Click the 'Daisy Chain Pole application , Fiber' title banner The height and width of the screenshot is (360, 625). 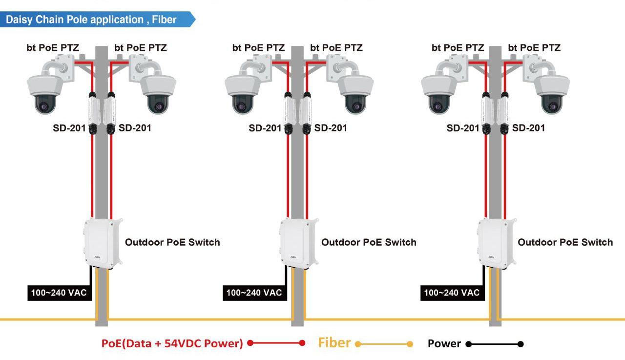pyautogui.click(x=93, y=20)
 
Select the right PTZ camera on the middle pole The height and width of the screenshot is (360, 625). pyautogui.click(x=355, y=90)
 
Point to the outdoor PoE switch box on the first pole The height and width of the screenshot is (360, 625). pyautogui.click(x=102, y=243)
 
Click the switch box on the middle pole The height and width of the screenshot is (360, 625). pyautogui.click(x=298, y=243)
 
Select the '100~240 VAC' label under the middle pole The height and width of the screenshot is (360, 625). pyautogui.click(x=254, y=293)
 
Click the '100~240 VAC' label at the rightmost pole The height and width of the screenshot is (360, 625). pyautogui.click(x=452, y=293)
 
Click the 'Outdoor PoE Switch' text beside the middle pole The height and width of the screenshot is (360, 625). pyautogui.click(x=369, y=242)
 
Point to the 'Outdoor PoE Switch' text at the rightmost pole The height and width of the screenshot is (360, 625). pyautogui.click(x=565, y=242)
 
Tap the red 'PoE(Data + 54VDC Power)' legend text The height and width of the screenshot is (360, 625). pyautogui.click(x=172, y=343)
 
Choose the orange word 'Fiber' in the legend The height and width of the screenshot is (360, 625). pyautogui.click(x=334, y=343)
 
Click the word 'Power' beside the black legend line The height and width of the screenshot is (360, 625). pyautogui.click(x=444, y=343)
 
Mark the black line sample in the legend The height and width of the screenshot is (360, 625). pyautogui.click(x=495, y=344)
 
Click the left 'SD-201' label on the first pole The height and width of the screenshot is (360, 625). pyautogui.click(x=69, y=128)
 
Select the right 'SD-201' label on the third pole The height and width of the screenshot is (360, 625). pyautogui.click(x=528, y=128)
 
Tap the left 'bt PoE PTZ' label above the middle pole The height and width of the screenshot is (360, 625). pyautogui.click(x=258, y=48)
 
